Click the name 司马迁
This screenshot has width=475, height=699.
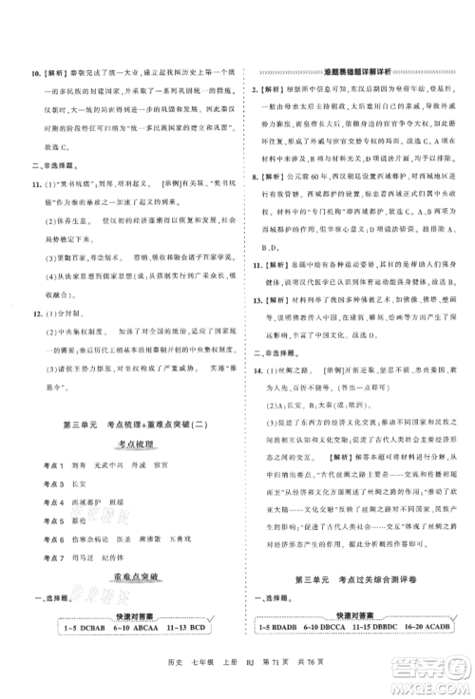coord(88,555)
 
